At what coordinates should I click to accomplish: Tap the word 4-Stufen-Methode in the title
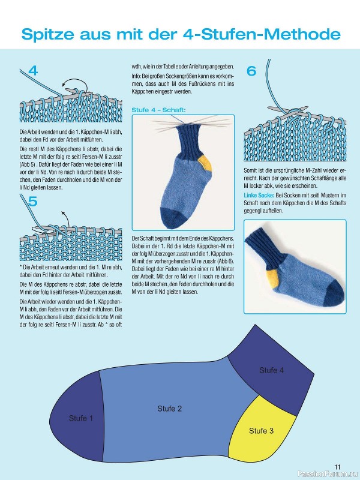coord(262,34)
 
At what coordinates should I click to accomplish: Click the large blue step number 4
coord(33,71)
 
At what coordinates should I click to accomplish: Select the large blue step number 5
coord(32,202)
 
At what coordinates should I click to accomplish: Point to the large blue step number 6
coord(251,71)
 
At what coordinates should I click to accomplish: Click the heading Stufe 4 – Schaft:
coord(158,110)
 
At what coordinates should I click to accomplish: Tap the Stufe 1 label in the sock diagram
coord(81,418)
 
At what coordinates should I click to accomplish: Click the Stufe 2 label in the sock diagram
coord(170,409)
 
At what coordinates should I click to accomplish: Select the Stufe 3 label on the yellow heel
coord(261,431)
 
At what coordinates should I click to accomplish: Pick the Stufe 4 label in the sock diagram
coord(272,370)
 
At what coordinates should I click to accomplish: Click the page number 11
coord(337,467)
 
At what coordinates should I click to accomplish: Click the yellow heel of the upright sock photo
coord(205,163)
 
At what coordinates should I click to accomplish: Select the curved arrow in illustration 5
coord(65,218)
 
